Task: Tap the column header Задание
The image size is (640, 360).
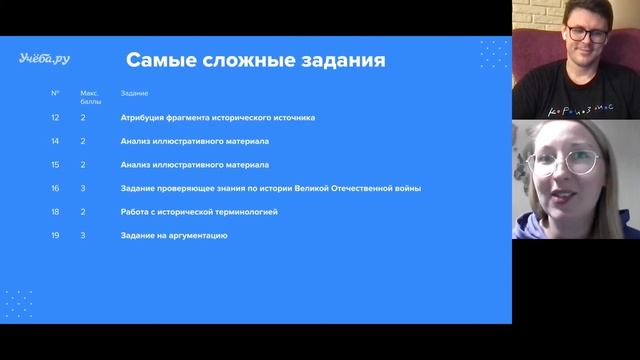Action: click(134, 93)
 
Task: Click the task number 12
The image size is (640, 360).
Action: click(55, 117)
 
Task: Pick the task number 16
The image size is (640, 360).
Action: click(55, 188)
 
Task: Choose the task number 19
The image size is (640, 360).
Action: click(55, 235)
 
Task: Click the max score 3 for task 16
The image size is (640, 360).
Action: click(84, 188)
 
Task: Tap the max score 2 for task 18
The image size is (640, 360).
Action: click(84, 212)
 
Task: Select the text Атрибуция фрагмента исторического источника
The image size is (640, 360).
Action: click(217, 117)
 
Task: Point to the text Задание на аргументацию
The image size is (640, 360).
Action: click(174, 235)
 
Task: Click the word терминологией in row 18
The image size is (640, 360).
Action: click(257, 212)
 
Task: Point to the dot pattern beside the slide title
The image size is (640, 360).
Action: click(493, 54)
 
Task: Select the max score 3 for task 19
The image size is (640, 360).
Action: click(84, 235)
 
